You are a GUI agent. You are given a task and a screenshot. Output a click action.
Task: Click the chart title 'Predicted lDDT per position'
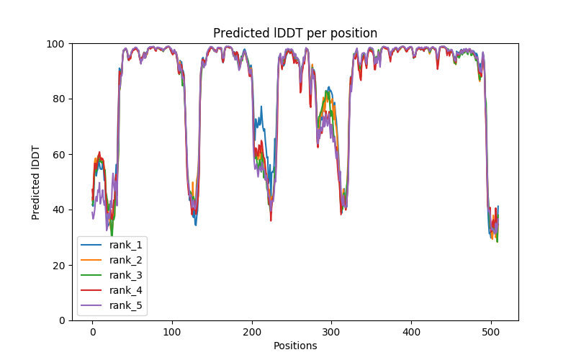[295, 33]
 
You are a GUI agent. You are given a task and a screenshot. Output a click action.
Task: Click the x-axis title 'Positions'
[295, 346]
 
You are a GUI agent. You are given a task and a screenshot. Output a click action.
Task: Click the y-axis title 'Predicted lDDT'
[36, 181]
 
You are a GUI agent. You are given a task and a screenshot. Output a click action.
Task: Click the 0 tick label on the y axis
[63, 320]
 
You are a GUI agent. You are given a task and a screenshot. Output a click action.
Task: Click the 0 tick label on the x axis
[92, 332]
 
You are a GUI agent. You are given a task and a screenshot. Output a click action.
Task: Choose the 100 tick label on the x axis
[172, 332]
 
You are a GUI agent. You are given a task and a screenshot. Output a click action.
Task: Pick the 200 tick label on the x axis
[252, 332]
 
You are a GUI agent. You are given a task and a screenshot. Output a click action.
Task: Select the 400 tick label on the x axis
[411, 332]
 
